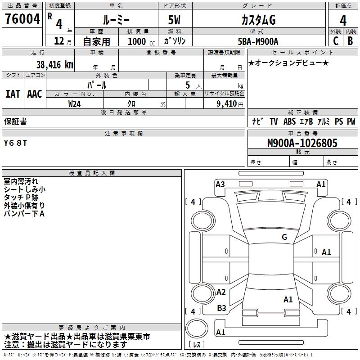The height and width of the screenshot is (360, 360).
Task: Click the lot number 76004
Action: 22,19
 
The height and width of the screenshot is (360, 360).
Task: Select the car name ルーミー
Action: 116,20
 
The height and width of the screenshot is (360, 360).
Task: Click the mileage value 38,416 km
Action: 54,65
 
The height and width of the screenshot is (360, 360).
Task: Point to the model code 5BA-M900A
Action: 258,41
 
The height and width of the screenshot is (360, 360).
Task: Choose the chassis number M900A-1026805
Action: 302,143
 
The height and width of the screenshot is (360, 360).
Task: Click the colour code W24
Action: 75,103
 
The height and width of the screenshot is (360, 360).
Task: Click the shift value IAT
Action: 13,94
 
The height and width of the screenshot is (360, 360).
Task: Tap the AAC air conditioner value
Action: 35,94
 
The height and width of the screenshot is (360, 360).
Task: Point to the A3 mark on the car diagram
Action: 220,184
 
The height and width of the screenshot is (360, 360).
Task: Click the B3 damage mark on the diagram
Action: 221,308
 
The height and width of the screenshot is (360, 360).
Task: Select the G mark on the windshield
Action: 284,237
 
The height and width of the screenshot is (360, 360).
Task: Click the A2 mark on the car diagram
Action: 221,292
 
